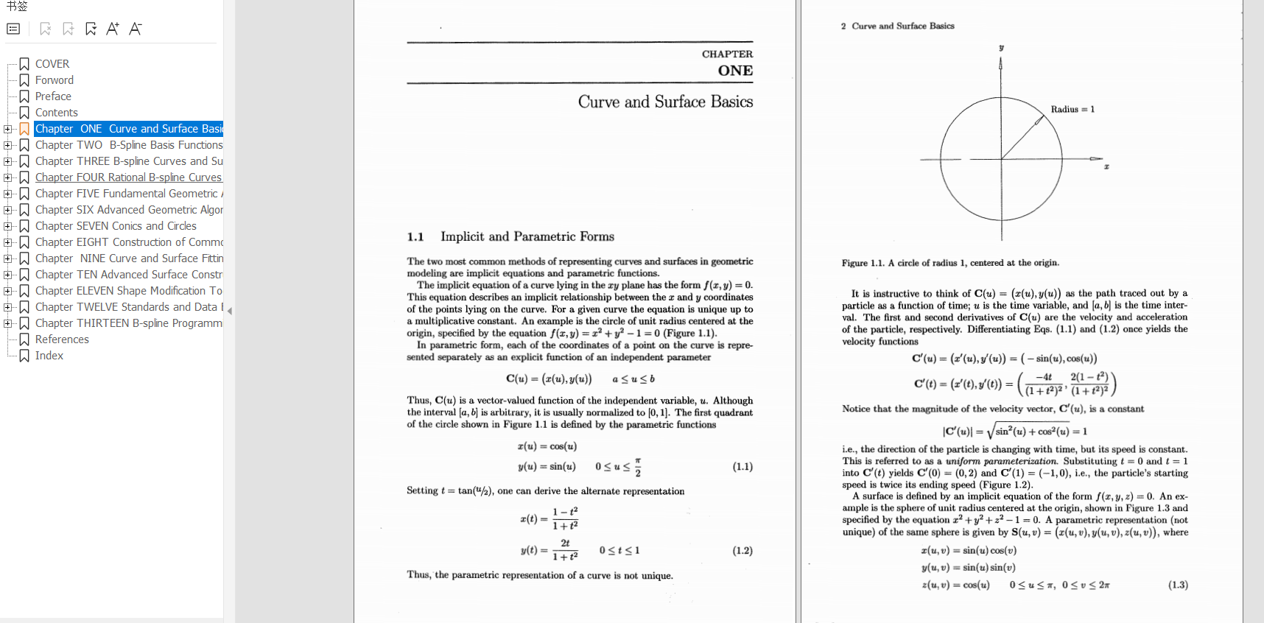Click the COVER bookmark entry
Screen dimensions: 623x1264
(52, 64)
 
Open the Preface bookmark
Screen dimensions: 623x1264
(53, 96)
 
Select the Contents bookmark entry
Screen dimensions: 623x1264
(56, 113)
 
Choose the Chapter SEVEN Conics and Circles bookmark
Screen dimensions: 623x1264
(116, 226)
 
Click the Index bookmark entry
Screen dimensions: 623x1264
(49, 356)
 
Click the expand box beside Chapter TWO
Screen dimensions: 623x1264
(8, 145)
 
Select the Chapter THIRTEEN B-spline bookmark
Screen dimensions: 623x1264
(128, 323)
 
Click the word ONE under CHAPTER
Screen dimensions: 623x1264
(735, 71)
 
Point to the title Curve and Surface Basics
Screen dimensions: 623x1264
(665, 102)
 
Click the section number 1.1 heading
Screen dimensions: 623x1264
(415, 236)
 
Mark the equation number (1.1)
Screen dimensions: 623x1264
(742, 466)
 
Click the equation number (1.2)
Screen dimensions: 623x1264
(742, 550)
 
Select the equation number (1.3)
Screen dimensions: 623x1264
(1178, 585)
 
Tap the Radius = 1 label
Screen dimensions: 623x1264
(1072, 109)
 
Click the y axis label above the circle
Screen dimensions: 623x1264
(1001, 48)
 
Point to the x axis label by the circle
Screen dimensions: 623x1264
(1106, 166)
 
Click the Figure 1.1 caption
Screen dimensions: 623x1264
(950, 263)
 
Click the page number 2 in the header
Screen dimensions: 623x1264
(843, 26)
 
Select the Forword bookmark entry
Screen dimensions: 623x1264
(54, 80)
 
